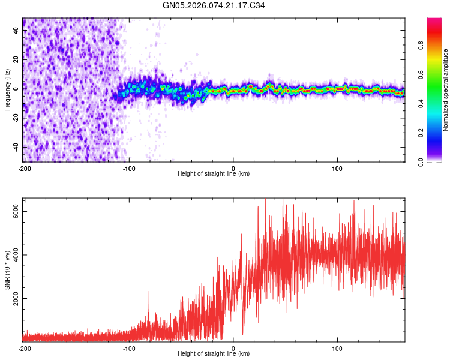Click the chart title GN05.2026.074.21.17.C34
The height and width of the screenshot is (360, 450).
(x=214, y=6)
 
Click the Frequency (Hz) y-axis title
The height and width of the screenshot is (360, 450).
(x=7, y=90)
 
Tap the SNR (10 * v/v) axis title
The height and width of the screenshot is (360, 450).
(x=7, y=270)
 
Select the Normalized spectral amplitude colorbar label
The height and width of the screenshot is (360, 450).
(x=445, y=90)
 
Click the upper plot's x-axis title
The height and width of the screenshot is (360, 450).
(x=214, y=173)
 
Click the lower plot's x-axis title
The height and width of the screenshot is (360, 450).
(x=214, y=353)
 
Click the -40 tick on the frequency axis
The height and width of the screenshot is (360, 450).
(x=16, y=147)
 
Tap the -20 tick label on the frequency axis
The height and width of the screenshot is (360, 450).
(x=16, y=118)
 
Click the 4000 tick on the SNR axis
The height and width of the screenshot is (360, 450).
(x=16, y=255)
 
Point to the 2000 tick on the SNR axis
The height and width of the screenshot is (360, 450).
(x=16, y=299)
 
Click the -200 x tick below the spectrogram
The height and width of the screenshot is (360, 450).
(x=25, y=169)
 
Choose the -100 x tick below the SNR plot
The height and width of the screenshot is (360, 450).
(x=129, y=349)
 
